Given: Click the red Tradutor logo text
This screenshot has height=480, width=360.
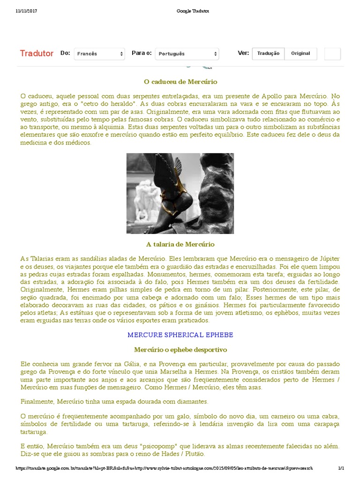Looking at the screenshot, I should [37, 53].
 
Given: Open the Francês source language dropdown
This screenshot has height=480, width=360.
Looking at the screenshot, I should [99, 54].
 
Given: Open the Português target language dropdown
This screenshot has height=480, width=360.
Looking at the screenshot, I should [187, 54].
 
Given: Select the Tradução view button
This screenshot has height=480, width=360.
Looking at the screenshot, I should [268, 53].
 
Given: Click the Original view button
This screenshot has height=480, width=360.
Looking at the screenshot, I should [300, 53].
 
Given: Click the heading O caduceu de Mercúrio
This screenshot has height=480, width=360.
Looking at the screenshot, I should [180, 82].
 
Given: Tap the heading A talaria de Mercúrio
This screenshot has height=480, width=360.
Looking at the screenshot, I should [180, 244].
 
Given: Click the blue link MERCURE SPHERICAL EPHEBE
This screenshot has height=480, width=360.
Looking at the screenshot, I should [180, 335].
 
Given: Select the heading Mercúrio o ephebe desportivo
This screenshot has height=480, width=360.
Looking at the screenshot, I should [180, 350].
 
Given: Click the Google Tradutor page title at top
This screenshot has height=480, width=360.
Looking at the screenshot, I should [180, 11].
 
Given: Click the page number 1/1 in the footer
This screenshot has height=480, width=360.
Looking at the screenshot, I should [341, 468].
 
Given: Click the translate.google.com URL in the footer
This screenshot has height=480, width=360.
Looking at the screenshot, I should [164, 468].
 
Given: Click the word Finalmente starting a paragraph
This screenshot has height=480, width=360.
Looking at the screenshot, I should [38, 402].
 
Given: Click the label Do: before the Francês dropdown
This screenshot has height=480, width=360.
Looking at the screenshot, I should [65, 53].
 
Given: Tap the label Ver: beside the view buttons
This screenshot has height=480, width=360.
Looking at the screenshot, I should [243, 53].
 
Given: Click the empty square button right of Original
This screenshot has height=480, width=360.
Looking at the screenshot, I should [332, 54].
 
